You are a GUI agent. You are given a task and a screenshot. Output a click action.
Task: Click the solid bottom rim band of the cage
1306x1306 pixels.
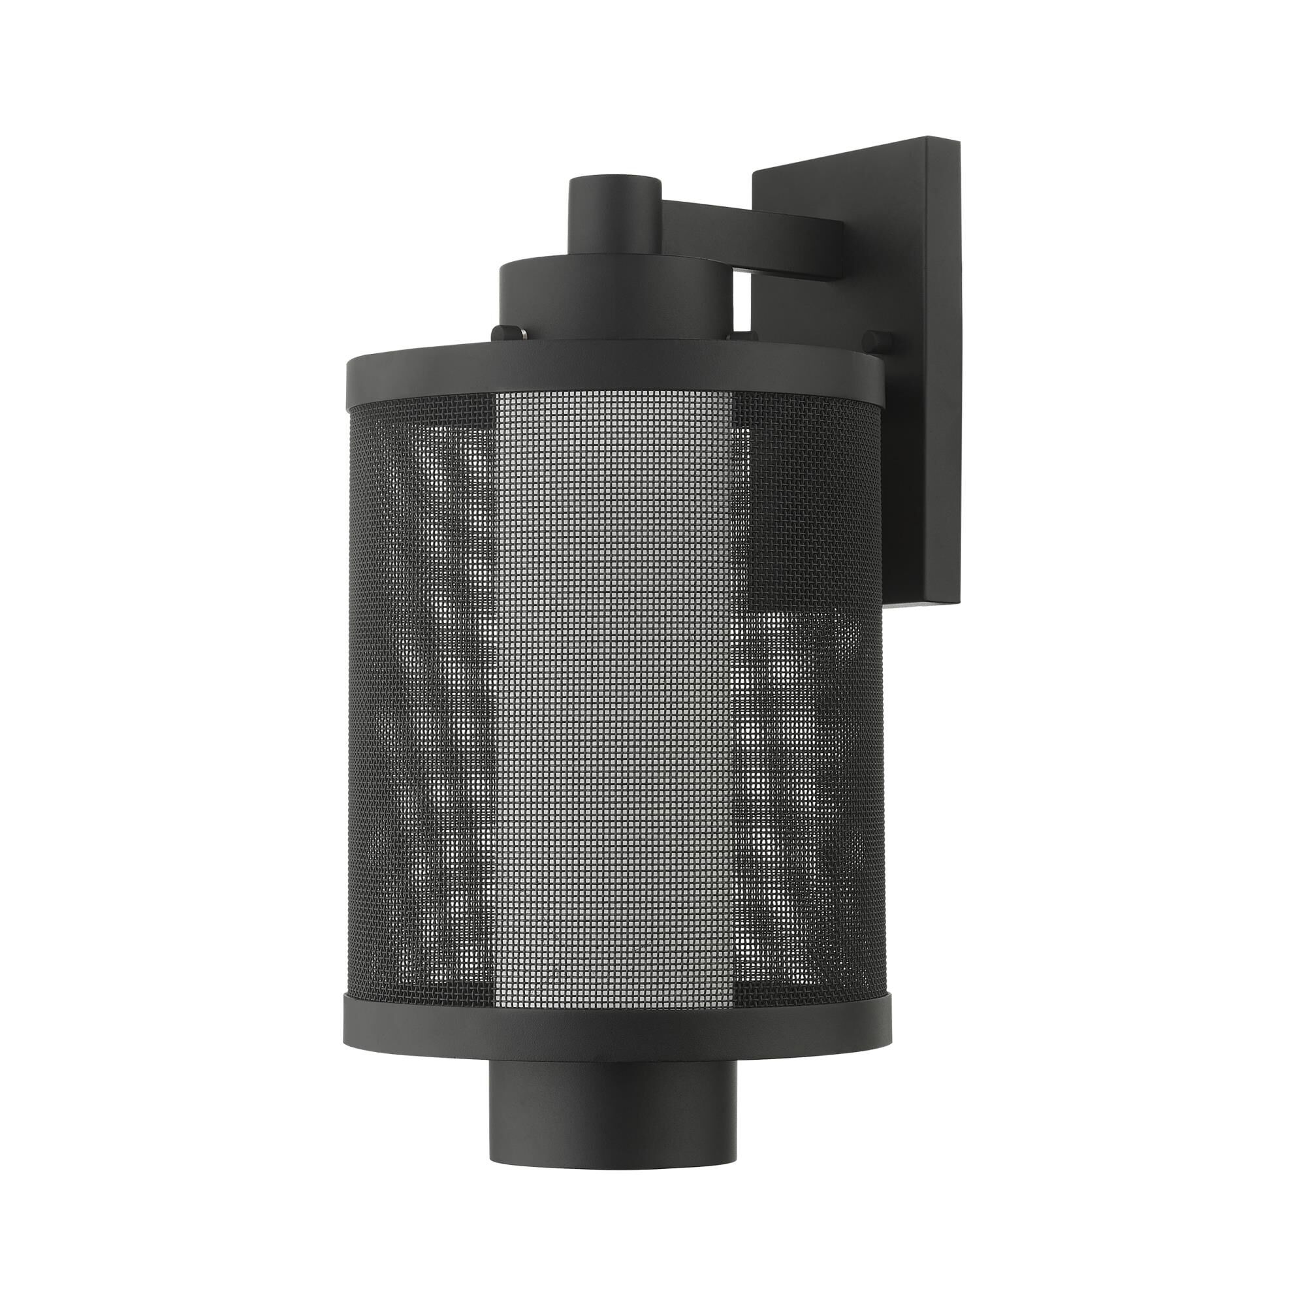[x=614, y=1022]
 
